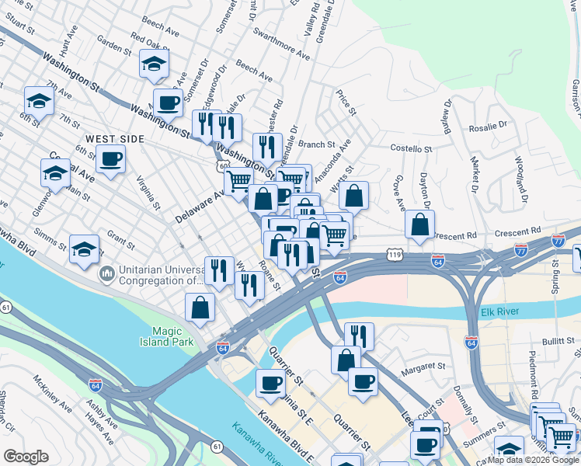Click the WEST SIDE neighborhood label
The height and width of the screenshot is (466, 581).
click(115, 138)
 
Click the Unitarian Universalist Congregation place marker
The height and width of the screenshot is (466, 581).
click(106, 274)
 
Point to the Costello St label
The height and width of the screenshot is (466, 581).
click(410, 148)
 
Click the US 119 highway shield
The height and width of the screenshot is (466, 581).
click(395, 255)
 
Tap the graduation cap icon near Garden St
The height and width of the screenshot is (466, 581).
click(155, 64)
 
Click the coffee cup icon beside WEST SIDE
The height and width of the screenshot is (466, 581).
click(111, 159)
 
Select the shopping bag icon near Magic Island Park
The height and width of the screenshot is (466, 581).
click(200, 307)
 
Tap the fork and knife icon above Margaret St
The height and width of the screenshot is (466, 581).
click(359, 336)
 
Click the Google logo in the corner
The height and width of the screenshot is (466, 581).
click(26, 457)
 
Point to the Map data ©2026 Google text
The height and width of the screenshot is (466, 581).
click(532, 460)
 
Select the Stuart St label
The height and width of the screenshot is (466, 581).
click(21, 30)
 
